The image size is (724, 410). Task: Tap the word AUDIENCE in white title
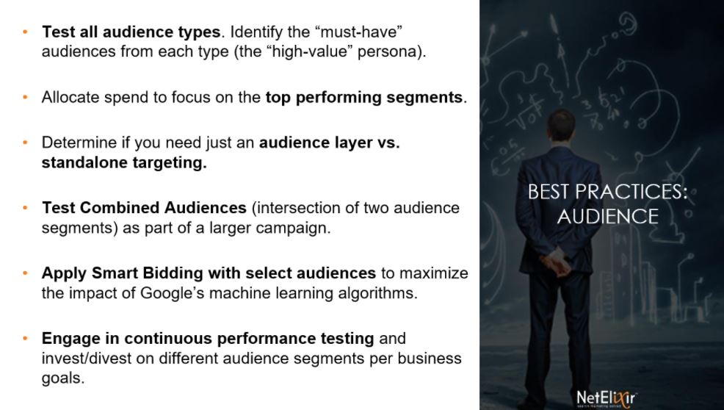[x=608, y=216]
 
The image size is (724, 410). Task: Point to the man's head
[x=561, y=126]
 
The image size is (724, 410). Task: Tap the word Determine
[x=79, y=143]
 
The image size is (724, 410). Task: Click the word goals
[x=63, y=378]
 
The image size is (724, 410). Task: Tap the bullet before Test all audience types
[x=25, y=32]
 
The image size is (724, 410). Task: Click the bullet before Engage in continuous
[x=25, y=338]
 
